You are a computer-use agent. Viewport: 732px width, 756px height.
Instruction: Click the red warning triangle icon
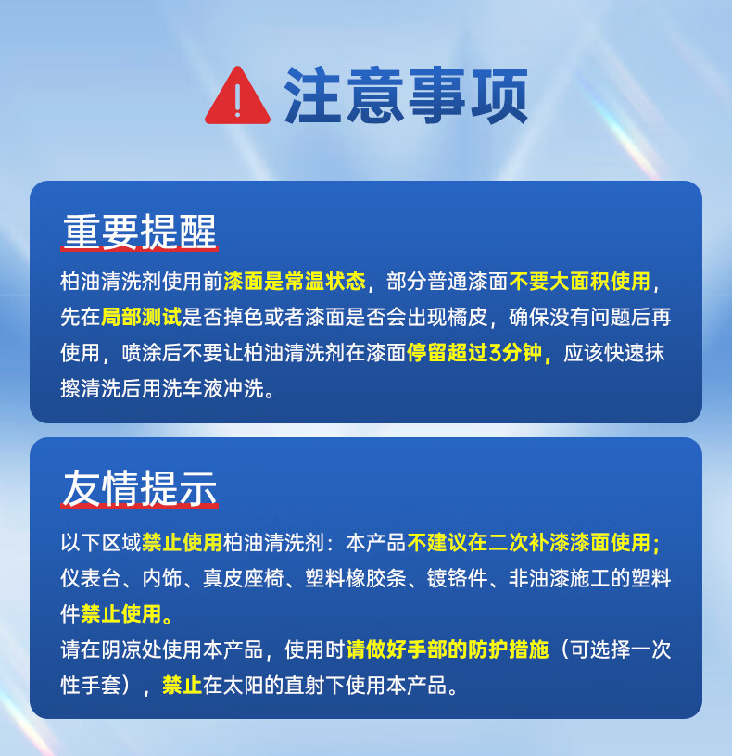[x=237, y=96]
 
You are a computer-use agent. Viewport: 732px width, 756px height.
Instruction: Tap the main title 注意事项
[x=406, y=95]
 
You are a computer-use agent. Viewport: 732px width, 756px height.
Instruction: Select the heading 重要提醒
[x=139, y=231]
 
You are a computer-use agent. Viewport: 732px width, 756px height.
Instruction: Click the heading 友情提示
[x=139, y=488]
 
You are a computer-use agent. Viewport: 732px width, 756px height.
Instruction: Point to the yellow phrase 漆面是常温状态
[x=295, y=281]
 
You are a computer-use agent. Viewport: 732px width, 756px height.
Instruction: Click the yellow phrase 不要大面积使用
[x=580, y=281]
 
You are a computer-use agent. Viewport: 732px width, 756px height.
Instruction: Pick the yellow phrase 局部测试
[x=142, y=317]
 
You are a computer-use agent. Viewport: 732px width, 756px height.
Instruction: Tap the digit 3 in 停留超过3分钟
[x=495, y=352]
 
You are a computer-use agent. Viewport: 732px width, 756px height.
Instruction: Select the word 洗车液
[x=193, y=388]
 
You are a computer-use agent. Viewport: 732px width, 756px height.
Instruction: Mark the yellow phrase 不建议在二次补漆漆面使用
[x=528, y=542]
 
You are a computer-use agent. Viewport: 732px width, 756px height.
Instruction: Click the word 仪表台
[x=91, y=578]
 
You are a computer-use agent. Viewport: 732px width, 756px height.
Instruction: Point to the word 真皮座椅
[x=244, y=578]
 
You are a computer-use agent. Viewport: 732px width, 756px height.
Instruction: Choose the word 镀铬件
[x=457, y=578]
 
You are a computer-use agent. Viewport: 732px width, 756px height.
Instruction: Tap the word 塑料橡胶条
[x=356, y=578]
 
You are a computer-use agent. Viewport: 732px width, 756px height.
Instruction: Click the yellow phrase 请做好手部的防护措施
[x=447, y=649]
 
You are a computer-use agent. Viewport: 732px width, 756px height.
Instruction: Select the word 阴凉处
[x=132, y=649]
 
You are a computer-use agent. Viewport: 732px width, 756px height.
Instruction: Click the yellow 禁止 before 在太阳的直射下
[x=183, y=686]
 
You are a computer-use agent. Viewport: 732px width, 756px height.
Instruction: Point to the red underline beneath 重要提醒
[x=139, y=248]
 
